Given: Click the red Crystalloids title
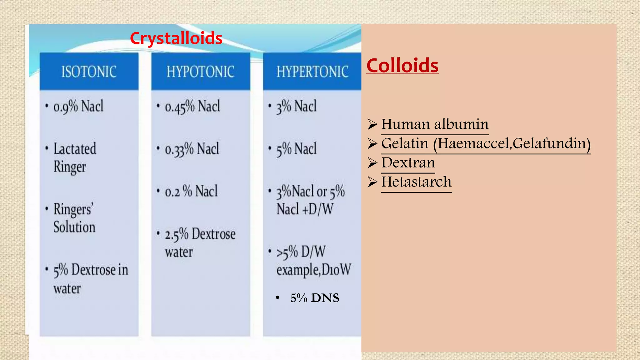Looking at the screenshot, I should (176, 38).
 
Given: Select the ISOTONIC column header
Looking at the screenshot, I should (89, 72).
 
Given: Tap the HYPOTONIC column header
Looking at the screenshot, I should (200, 72).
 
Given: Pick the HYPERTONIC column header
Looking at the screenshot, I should (312, 72).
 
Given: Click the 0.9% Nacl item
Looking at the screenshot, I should (78, 106).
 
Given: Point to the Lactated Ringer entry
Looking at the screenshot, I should (75, 157).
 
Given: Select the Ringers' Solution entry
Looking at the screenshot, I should (74, 218).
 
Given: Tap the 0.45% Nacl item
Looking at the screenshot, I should (192, 107).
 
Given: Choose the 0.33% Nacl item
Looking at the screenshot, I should (192, 149).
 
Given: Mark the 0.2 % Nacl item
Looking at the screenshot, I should (191, 191).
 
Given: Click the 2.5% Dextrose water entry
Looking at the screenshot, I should (200, 243).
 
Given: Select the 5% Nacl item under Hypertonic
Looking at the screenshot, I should (296, 149).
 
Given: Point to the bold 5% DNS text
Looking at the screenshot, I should (314, 298).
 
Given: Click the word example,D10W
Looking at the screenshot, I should (313, 270).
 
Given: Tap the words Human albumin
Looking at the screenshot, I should (435, 124).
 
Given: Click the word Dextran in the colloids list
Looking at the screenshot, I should (408, 162).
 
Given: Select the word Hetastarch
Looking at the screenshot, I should (416, 182).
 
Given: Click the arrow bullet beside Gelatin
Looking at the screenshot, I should (372, 143).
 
